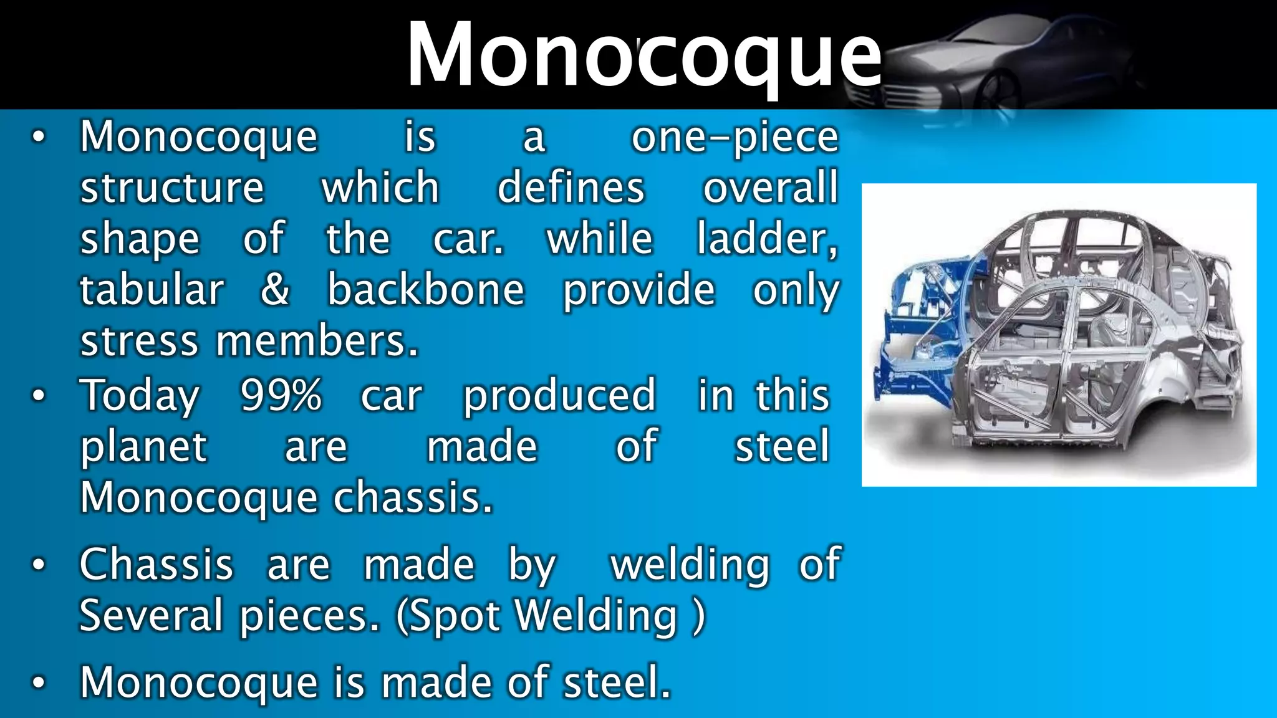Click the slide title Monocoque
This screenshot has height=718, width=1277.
(x=643, y=55)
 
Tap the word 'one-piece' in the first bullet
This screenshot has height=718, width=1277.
(x=735, y=137)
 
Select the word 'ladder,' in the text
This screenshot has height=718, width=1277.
(x=767, y=239)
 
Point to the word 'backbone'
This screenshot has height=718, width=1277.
(x=426, y=290)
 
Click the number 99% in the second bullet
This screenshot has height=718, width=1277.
(x=281, y=395)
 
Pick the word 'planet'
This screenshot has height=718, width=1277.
(x=143, y=447)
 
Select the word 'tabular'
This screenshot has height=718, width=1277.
(x=152, y=290)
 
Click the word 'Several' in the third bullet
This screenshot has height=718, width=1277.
(x=151, y=615)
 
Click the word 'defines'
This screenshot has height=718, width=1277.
(x=571, y=188)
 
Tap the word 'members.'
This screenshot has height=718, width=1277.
(x=317, y=342)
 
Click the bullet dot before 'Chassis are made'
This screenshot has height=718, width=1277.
(x=38, y=565)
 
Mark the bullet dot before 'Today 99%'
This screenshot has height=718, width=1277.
(x=38, y=396)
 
